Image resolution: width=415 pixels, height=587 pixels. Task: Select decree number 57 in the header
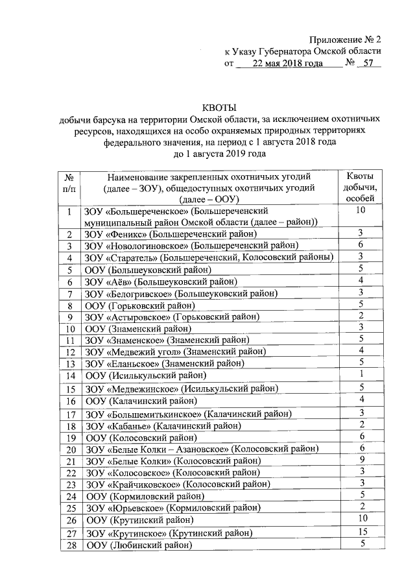[368, 64]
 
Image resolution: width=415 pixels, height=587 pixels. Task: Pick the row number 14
[69, 376]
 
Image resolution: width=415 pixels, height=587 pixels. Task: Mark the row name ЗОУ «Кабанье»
[163, 425]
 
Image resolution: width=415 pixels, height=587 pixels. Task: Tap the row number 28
[69, 545]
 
